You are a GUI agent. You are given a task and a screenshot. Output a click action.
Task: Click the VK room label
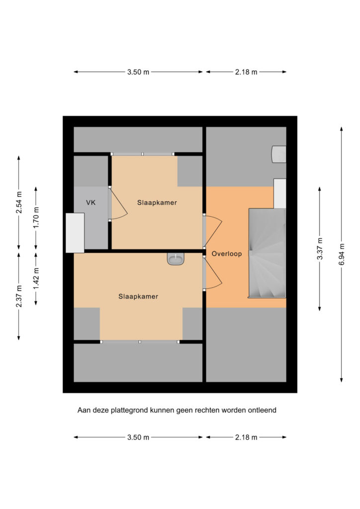[x=91, y=203]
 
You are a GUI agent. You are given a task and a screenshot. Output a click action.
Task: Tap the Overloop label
[x=227, y=254]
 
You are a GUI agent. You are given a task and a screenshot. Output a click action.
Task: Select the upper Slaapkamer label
[x=157, y=203]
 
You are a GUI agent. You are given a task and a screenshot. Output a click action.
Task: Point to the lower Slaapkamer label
[x=138, y=296]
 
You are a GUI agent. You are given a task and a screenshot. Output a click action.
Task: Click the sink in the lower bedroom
[x=176, y=259]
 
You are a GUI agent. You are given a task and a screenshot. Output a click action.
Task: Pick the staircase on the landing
[x=267, y=253]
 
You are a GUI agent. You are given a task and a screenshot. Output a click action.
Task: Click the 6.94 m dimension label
[x=342, y=254]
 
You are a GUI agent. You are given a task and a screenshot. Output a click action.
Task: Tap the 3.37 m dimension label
[x=320, y=249]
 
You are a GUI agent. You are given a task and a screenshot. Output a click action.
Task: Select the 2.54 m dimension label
[x=19, y=203]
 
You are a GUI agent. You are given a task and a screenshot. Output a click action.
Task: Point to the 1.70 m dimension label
[x=36, y=218]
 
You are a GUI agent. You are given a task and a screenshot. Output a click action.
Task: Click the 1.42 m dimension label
[x=36, y=279]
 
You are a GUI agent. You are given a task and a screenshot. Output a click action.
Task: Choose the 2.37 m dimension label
[x=19, y=296]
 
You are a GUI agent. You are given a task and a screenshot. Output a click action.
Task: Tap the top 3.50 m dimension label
[x=138, y=72]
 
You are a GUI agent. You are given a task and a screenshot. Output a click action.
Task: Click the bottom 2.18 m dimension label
[x=246, y=437]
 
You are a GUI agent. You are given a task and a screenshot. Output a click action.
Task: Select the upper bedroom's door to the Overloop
[x=213, y=231]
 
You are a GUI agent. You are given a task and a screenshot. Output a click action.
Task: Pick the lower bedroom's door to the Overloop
[x=213, y=273]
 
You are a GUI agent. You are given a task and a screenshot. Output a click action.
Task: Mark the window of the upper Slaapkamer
[x=143, y=154]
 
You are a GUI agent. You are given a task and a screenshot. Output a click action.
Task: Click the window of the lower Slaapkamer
[x=140, y=342]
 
